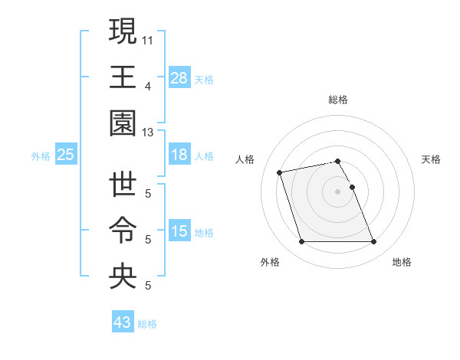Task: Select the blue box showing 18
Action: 179,155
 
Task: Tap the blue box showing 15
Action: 179,231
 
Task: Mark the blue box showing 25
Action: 66,155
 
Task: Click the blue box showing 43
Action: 123,322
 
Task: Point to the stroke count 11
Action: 148,38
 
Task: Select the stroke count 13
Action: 148,133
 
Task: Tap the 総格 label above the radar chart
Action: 338,100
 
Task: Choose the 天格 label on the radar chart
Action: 432,159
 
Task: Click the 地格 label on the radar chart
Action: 402,262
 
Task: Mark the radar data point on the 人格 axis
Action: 280,172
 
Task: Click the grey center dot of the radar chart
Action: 338,191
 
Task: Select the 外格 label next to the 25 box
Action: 40,155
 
